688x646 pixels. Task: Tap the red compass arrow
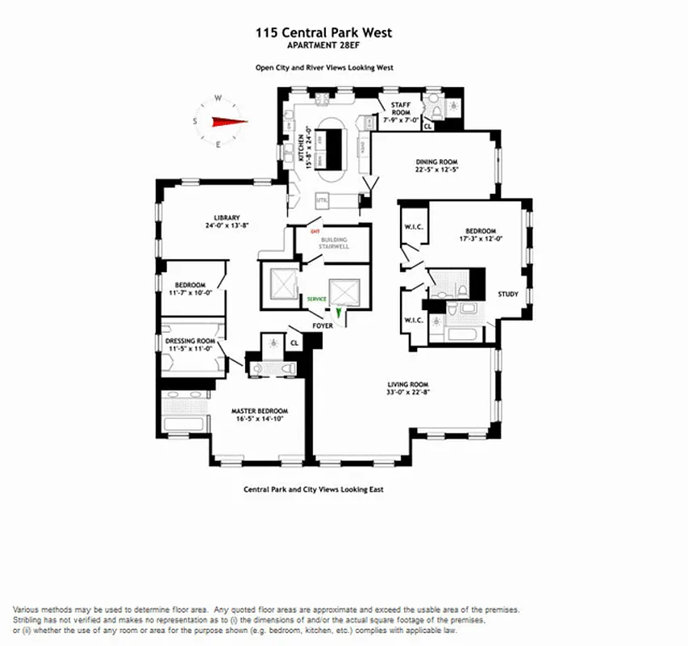(x=228, y=121)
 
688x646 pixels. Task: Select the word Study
(x=507, y=295)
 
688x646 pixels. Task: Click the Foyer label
(x=323, y=325)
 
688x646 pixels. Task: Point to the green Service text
(x=316, y=299)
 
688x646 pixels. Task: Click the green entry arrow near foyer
(x=340, y=312)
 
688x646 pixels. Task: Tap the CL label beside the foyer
(x=294, y=342)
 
